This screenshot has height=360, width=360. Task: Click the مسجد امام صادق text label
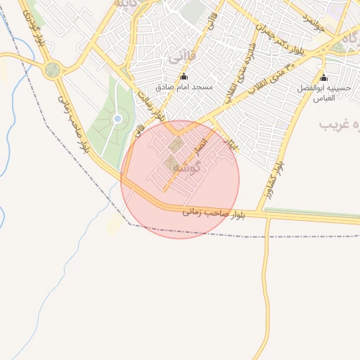tap(184, 88)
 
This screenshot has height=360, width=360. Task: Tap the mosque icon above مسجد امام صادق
tap(184, 77)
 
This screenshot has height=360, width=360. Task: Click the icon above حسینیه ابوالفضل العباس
tap(323, 77)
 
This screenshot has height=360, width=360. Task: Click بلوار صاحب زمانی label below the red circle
tap(209, 212)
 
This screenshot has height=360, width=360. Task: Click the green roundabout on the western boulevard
tap(52, 70)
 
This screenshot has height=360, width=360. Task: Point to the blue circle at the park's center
tap(117, 119)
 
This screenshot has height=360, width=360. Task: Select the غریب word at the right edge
tap(335, 124)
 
